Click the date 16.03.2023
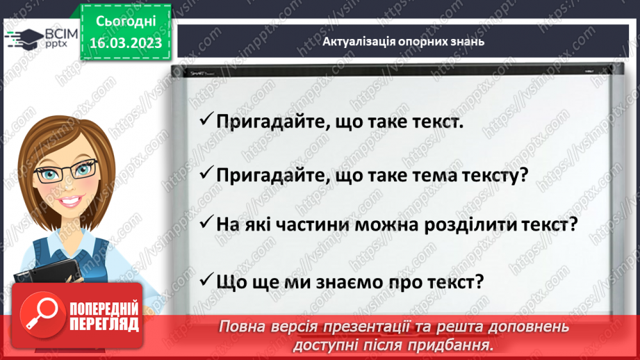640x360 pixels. pos(126,42)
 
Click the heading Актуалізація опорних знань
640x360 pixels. pos(404,41)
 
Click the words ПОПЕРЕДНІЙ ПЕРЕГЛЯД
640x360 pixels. pos(104,316)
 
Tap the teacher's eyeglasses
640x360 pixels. pos(66,169)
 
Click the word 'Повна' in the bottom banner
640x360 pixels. pos(243,327)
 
